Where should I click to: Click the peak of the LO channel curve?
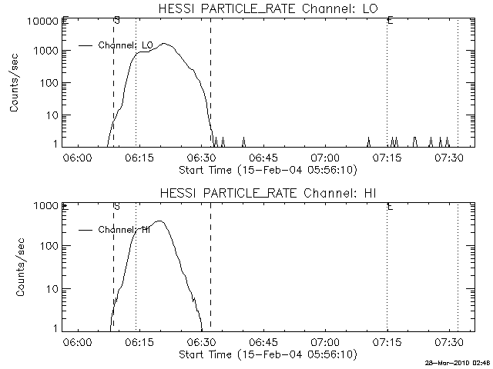pyautogui.click(x=164, y=44)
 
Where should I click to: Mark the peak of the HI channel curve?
pyautogui.click(x=160, y=221)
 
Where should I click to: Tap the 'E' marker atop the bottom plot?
pyautogui.click(x=391, y=207)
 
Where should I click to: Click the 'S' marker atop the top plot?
pyautogui.click(x=116, y=19)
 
